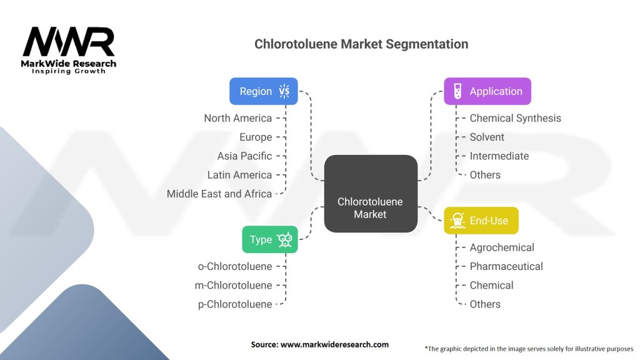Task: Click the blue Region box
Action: [264, 91]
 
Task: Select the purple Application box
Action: [487, 91]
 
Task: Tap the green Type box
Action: [270, 239]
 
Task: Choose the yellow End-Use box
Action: [481, 221]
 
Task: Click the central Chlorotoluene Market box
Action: [371, 194]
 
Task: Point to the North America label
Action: [238, 118]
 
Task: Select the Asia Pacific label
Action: [244, 156]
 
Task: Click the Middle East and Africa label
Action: [219, 194]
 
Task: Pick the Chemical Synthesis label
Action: [515, 118]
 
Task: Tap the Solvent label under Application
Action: [487, 137]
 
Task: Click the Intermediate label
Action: [499, 156]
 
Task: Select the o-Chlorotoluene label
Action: [235, 266]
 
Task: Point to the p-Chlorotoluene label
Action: [235, 304]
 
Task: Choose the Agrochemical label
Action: [502, 247]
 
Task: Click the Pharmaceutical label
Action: [506, 266]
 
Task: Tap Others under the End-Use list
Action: [485, 304]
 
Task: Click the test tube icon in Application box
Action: [457, 91]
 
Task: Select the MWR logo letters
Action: [69, 41]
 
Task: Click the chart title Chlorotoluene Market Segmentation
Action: [361, 44]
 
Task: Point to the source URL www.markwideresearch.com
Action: [335, 344]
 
